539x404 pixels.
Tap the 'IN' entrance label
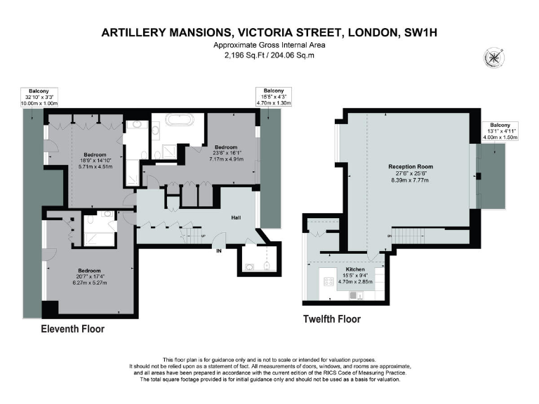click(219, 250)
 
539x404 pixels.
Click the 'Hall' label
click(237, 217)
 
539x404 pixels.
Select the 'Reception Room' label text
click(408, 167)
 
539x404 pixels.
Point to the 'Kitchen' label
click(354, 269)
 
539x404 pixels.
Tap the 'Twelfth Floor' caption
click(331, 319)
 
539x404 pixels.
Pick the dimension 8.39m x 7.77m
click(408, 180)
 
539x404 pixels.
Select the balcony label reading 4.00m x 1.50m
click(500, 137)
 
